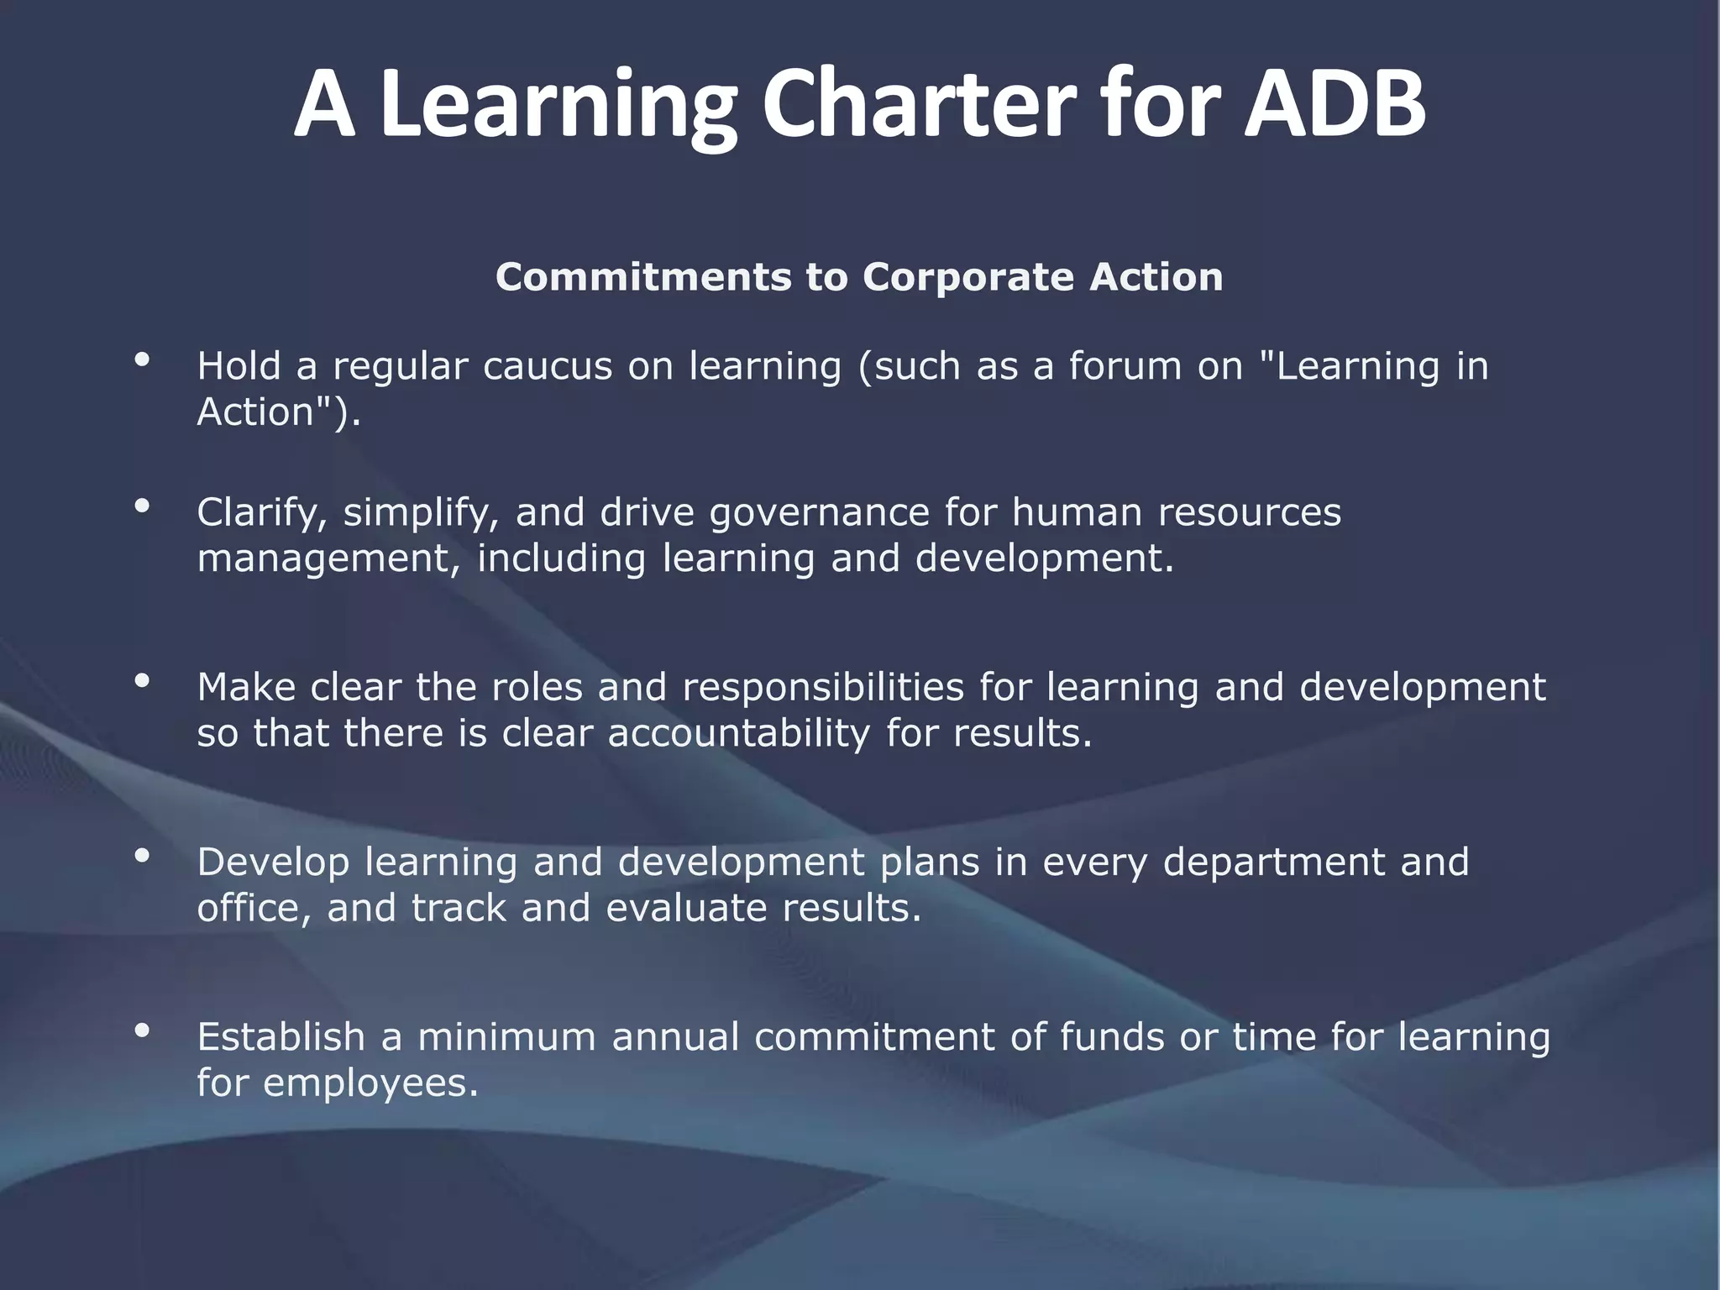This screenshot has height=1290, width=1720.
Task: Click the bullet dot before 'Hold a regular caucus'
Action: [142, 360]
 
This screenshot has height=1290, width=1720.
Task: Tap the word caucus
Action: [548, 366]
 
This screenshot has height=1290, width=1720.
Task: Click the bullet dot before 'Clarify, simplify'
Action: [142, 506]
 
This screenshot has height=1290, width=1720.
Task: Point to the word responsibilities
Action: [823, 688]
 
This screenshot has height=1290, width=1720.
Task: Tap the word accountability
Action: [738, 733]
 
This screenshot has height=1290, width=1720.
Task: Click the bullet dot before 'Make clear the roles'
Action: [142, 680]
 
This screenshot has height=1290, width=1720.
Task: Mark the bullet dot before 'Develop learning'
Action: [142, 855]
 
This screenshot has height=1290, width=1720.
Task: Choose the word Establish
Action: [281, 1037]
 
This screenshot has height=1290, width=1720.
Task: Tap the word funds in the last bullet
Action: [1112, 1037]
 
